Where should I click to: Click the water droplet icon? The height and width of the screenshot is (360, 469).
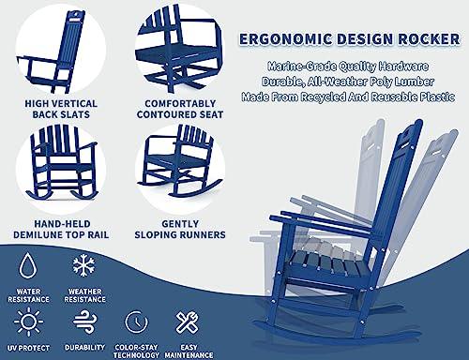[x=28, y=266]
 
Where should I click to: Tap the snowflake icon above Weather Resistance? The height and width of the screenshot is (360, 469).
[x=83, y=265]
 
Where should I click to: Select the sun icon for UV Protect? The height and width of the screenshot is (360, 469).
[x=28, y=322]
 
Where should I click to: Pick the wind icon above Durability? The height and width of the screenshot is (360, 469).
[x=84, y=322]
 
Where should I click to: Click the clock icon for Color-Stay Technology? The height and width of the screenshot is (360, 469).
[x=136, y=322]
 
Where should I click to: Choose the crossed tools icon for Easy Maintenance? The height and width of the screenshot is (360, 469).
[x=187, y=322]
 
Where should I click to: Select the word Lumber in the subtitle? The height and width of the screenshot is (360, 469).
[x=415, y=82]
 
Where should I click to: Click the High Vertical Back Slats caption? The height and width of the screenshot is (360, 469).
[x=61, y=109]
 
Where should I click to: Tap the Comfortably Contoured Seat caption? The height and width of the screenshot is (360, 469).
[x=180, y=109]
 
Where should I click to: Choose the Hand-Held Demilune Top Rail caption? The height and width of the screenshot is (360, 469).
[x=61, y=230]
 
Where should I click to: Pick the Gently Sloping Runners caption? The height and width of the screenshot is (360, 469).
[x=180, y=230]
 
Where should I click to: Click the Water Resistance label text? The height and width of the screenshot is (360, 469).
[x=28, y=295]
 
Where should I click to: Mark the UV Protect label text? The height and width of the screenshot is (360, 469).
[x=28, y=348]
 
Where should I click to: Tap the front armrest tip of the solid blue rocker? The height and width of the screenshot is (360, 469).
[x=273, y=217]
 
